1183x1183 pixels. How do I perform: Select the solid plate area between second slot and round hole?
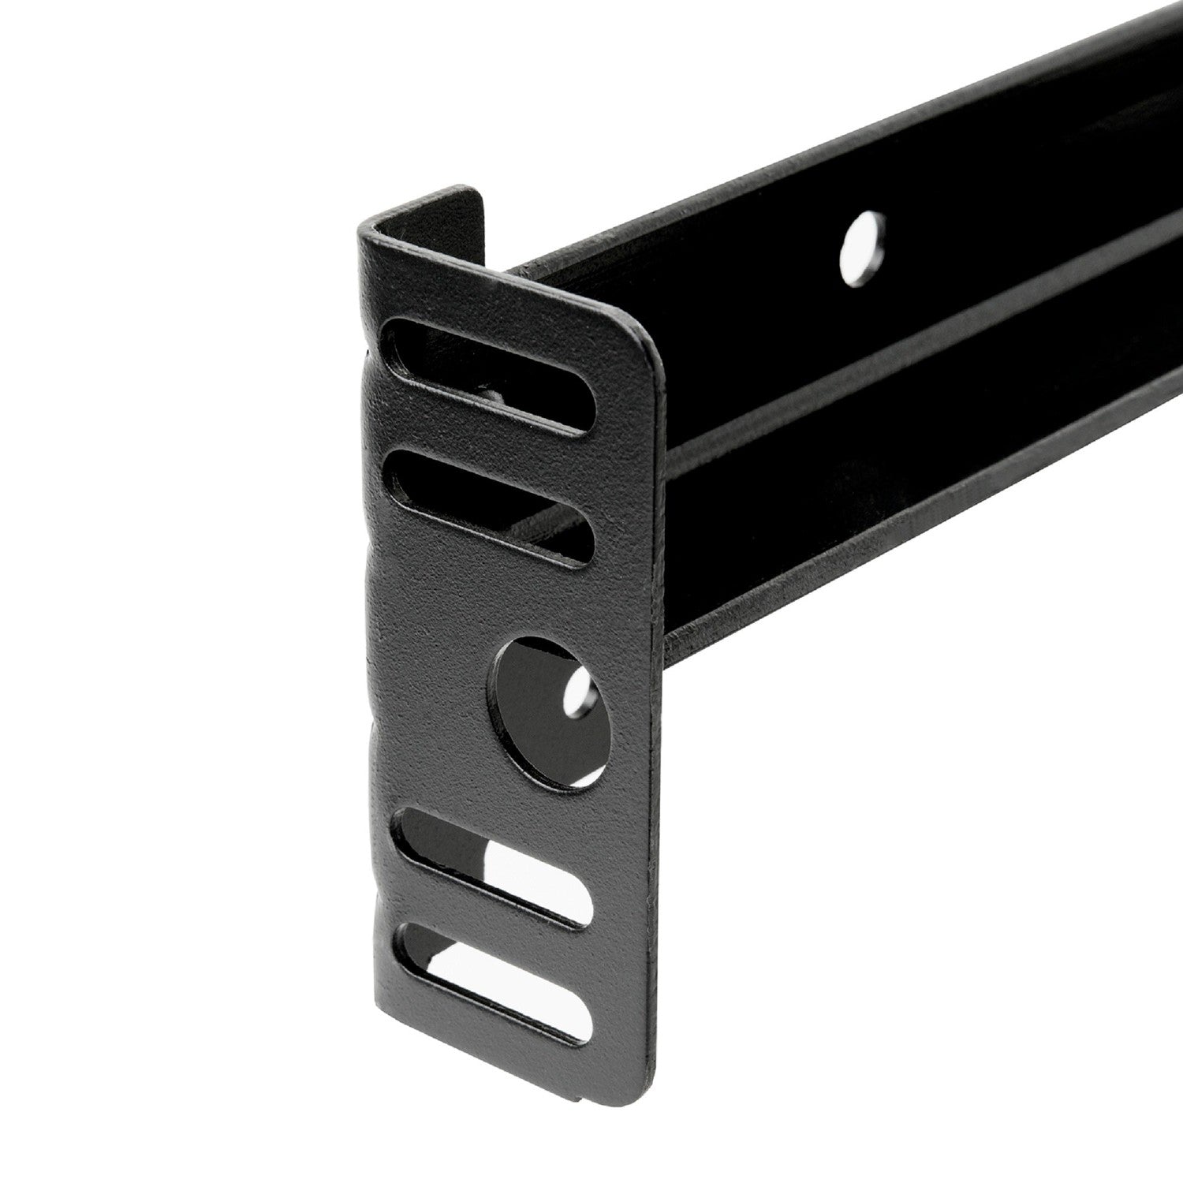[505, 599]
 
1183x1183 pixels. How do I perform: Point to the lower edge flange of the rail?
[907, 536]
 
